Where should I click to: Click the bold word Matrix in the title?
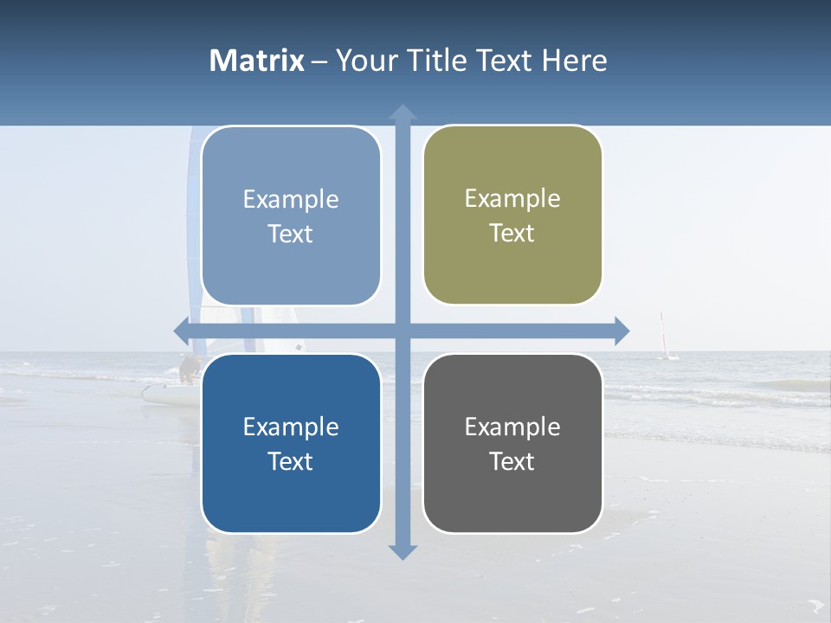(257, 61)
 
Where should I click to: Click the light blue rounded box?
(291, 215)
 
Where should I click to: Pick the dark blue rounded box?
(291, 443)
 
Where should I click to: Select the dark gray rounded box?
(512, 443)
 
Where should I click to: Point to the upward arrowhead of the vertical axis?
(403, 112)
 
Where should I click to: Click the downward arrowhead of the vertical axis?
(403, 551)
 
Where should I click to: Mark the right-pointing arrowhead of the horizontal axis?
(621, 331)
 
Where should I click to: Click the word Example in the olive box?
(512, 199)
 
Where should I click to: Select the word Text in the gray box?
(512, 462)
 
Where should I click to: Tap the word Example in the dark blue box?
(291, 427)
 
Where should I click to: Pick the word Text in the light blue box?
(291, 234)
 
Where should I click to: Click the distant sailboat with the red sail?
(665, 337)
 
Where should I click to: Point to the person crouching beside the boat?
(188, 369)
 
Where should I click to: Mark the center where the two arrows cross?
(403, 331)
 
